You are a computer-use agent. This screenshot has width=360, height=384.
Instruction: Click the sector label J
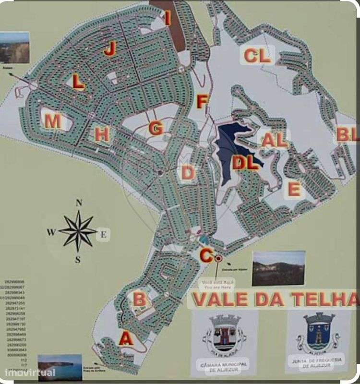pyautogui.click(x=110, y=48)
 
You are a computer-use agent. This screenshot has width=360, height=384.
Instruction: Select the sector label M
pyautogui.click(x=53, y=121)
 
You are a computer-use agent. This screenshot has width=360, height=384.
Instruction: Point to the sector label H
pyautogui.click(x=101, y=135)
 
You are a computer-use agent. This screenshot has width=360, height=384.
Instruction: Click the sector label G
pyautogui.click(x=156, y=129)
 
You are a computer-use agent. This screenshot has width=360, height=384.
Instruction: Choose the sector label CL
pyautogui.click(x=257, y=56)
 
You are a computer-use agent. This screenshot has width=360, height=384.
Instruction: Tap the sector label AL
pyautogui.click(x=275, y=140)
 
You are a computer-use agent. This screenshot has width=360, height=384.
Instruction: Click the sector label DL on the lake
pyautogui.click(x=246, y=163)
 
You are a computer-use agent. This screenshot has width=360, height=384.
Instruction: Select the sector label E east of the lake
pyautogui.click(x=294, y=189)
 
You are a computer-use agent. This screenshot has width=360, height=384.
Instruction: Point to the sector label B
pyautogui.click(x=139, y=300)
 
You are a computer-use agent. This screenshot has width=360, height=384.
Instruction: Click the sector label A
pyautogui.click(x=126, y=339)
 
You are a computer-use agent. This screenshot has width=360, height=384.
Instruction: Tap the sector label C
pyautogui.click(x=206, y=255)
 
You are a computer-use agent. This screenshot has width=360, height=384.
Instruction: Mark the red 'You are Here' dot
pyautogui.click(x=218, y=258)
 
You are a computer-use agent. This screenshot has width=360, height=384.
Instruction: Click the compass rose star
pyautogui.click(x=77, y=231)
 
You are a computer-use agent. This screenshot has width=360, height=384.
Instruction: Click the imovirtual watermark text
pyautogui.click(x=30, y=372)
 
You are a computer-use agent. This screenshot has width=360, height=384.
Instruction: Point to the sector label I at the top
pyautogui.click(x=168, y=19)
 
